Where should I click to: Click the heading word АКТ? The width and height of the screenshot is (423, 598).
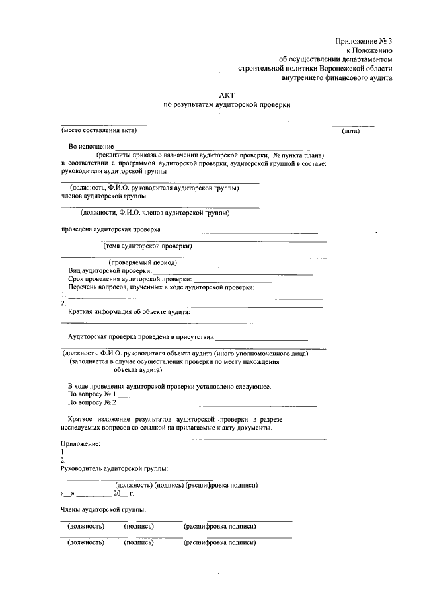click(x=227, y=95)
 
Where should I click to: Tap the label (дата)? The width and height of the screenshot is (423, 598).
click(x=350, y=131)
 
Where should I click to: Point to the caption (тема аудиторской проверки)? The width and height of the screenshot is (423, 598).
click(x=148, y=246)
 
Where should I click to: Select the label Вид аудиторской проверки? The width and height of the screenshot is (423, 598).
click(x=110, y=271)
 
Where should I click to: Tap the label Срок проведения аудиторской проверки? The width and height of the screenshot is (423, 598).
click(x=130, y=279)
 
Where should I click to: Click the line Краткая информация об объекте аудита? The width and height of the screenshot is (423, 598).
click(x=130, y=311)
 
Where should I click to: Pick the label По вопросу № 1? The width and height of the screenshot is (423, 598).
click(x=92, y=394)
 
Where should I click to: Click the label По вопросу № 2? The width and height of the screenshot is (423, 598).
click(x=92, y=402)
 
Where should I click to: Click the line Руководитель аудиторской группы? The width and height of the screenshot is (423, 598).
click(x=114, y=468)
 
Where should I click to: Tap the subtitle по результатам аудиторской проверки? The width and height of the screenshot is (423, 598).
click(x=227, y=105)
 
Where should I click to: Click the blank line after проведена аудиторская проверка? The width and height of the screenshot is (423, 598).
click(x=240, y=232)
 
